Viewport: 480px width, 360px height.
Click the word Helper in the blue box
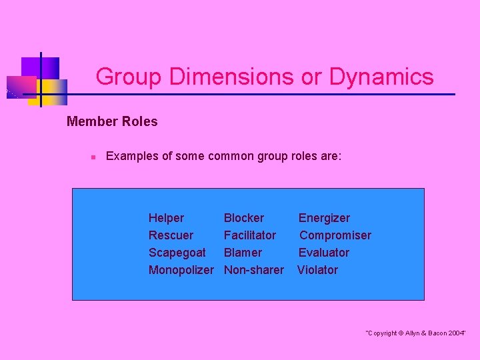(x=166, y=218)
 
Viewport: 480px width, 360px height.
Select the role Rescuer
(x=171, y=235)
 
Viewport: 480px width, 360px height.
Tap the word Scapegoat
(x=177, y=253)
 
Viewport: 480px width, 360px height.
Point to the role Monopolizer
(x=181, y=270)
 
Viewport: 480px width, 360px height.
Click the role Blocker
(x=243, y=218)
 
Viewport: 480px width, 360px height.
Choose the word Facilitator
(x=249, y=235)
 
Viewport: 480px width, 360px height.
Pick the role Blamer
(x=243, y=253)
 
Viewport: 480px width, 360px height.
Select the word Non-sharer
(x=253, y=270)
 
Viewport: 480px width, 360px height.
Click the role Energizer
(x=323, y=218)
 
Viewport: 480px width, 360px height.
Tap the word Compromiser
(x=335, y=235)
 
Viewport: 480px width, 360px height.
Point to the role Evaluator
(x=323, y=253)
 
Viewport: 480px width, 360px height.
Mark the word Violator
(x=317, y=270)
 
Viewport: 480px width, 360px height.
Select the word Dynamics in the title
(x=381, y=77)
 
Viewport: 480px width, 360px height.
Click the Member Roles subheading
(x=112, y=121)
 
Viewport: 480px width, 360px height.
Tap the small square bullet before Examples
(x=94, y=157)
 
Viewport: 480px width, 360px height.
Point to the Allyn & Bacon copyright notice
(x=415, y=333)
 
